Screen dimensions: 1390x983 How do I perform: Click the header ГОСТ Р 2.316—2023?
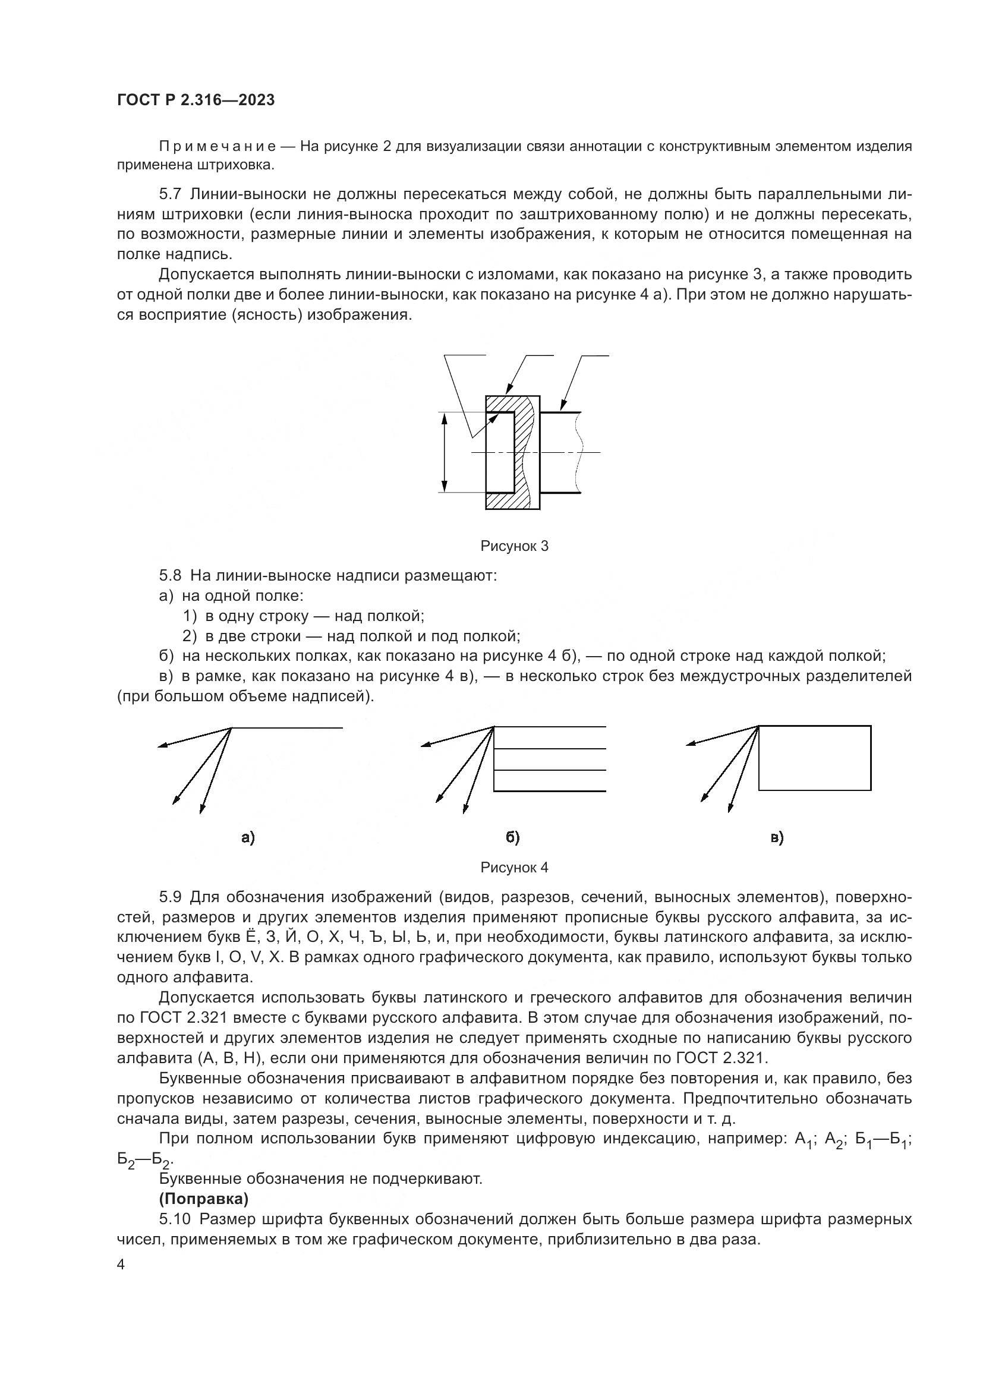pos(196,100)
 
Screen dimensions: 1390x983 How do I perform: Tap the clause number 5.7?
pos(170,194)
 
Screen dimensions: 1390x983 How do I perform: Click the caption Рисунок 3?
pos(514,546)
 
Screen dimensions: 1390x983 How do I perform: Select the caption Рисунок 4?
pos(514,868)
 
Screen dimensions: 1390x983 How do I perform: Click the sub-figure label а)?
pos(248,837)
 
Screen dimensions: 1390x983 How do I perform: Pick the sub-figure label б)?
pos(513,837)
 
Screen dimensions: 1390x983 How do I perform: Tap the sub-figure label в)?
pos(777,837)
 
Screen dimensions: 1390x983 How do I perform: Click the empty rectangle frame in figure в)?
pos(815,758)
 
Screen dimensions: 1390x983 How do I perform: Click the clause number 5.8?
pos(170,575)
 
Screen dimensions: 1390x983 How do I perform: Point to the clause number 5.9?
pos(170,897)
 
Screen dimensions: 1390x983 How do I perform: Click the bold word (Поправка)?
pos(203,1199)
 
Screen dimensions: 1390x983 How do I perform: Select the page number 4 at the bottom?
pos(121,1265)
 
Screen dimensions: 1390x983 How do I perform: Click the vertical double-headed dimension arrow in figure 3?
pos(445,452)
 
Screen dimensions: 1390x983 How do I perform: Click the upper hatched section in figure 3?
pos(509,404)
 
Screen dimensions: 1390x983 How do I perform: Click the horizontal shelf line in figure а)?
pos(288,728)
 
